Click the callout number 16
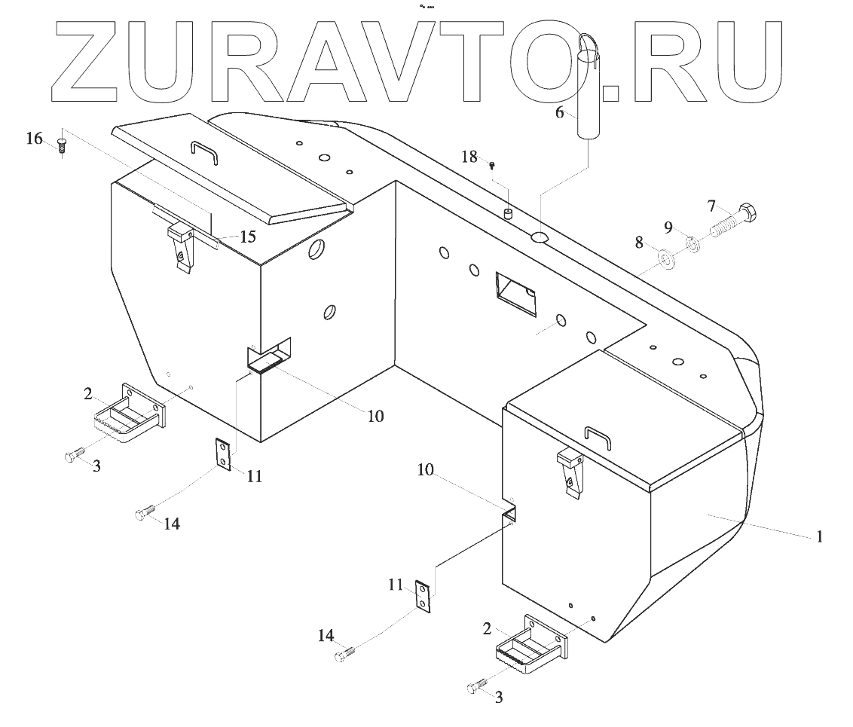pyautogui.click(x=34, y=139)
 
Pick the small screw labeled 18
pyautogui.click(x=491, y=164)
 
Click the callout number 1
pyautogui.click(x=820, y=537)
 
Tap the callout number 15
pyautogui.click(x=247, y=237)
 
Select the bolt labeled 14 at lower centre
pyautogui.click(x=344, y=655)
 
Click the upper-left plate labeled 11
pyautogui.click(x=222, y=454)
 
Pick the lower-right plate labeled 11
pyautogui.click(x=424, y=596)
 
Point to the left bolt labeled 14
pyautogui.click(x=144, y=513)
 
